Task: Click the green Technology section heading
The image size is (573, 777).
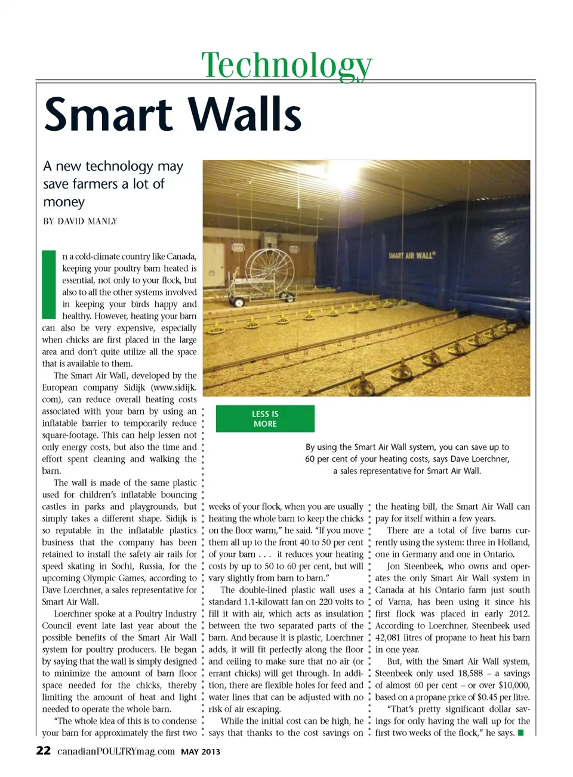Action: click(286, 64)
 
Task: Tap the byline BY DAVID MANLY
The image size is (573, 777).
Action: click(80, 221)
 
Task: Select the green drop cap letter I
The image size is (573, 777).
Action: click(48, 285)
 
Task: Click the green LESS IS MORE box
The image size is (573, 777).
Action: click(265, 419)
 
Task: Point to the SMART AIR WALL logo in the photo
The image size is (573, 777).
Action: click(412, 255)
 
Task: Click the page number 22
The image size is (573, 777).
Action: click(44, 751)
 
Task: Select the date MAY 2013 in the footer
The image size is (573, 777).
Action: click(201, 752)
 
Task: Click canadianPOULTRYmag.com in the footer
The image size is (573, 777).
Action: click(116, 751)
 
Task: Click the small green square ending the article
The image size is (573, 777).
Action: click(520, 733)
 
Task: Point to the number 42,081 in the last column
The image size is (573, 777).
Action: click(391, 637)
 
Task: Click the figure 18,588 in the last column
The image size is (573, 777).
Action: click(470, 673)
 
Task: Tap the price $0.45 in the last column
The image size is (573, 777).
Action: click(488, 697)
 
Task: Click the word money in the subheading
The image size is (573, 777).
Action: click(64, 202)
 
